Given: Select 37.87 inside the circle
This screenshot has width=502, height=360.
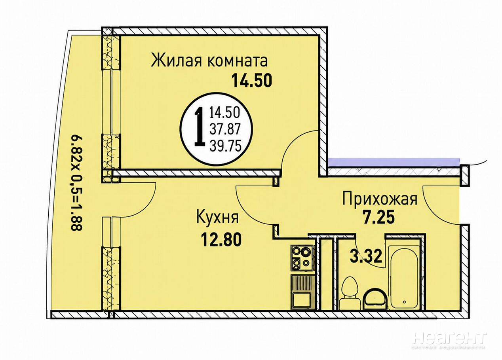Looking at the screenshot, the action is (x=225, y=129).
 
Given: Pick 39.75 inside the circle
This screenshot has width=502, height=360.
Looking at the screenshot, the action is (x=225, y=146).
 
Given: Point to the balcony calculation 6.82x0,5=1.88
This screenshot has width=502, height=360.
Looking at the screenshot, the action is (x=77, y=182).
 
